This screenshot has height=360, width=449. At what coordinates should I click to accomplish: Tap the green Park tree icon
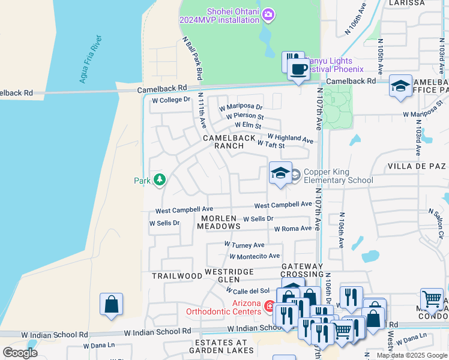click(x=160, y=180)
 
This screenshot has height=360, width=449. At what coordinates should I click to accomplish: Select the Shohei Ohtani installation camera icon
click(x=268, y=14)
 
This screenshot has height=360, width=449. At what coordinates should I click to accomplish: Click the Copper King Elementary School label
click(x=338, y=176)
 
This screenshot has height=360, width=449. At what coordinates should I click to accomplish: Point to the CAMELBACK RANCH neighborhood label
click(x=229, y=142)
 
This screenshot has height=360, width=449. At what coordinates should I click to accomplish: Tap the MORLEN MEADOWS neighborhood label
click(x=221, y=222)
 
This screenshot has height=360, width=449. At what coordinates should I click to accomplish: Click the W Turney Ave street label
click(x=244, y=245)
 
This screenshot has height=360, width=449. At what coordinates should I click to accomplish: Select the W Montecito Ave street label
click(x=255, y=256)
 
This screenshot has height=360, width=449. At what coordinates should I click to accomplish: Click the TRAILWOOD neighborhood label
click(x=176, y=276)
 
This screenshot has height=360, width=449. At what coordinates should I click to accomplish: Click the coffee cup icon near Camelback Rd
click(x=298, y=70)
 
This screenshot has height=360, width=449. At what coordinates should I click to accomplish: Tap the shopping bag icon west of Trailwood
click(x=112, y=304)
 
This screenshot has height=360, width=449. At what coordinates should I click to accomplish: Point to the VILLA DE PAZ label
click(x=417, y=166)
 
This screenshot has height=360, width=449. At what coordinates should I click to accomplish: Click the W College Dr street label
click(x=170, y=100)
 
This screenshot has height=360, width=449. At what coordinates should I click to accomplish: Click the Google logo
click(x=20, y=352)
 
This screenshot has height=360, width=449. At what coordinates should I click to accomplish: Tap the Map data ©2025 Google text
click(x=411, y=355)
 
